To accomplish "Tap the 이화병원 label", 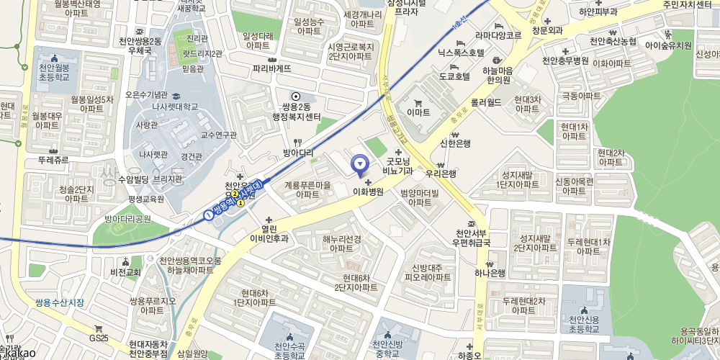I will coord(368,192).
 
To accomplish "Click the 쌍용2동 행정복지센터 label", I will coord(294,112).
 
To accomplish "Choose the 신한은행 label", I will coord(455,143).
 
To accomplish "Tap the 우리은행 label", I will coord(441,174).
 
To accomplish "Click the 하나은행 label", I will coord(490,273).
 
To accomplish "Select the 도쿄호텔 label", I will coord(454,75).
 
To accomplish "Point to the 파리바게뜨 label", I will coord(272,69).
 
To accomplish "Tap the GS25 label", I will coord(99,338).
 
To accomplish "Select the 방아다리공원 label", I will coord(127,219).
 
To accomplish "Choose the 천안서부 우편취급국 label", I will coord(472,238).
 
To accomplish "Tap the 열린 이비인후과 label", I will coord(269,234).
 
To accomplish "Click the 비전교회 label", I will coord(126,272).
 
